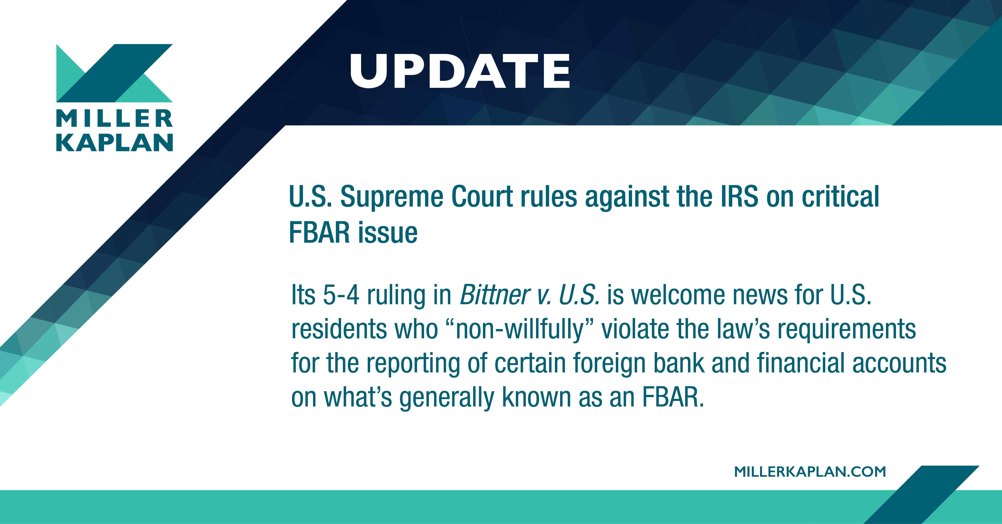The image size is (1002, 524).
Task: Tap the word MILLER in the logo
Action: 114,118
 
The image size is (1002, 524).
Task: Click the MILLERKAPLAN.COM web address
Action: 810,471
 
